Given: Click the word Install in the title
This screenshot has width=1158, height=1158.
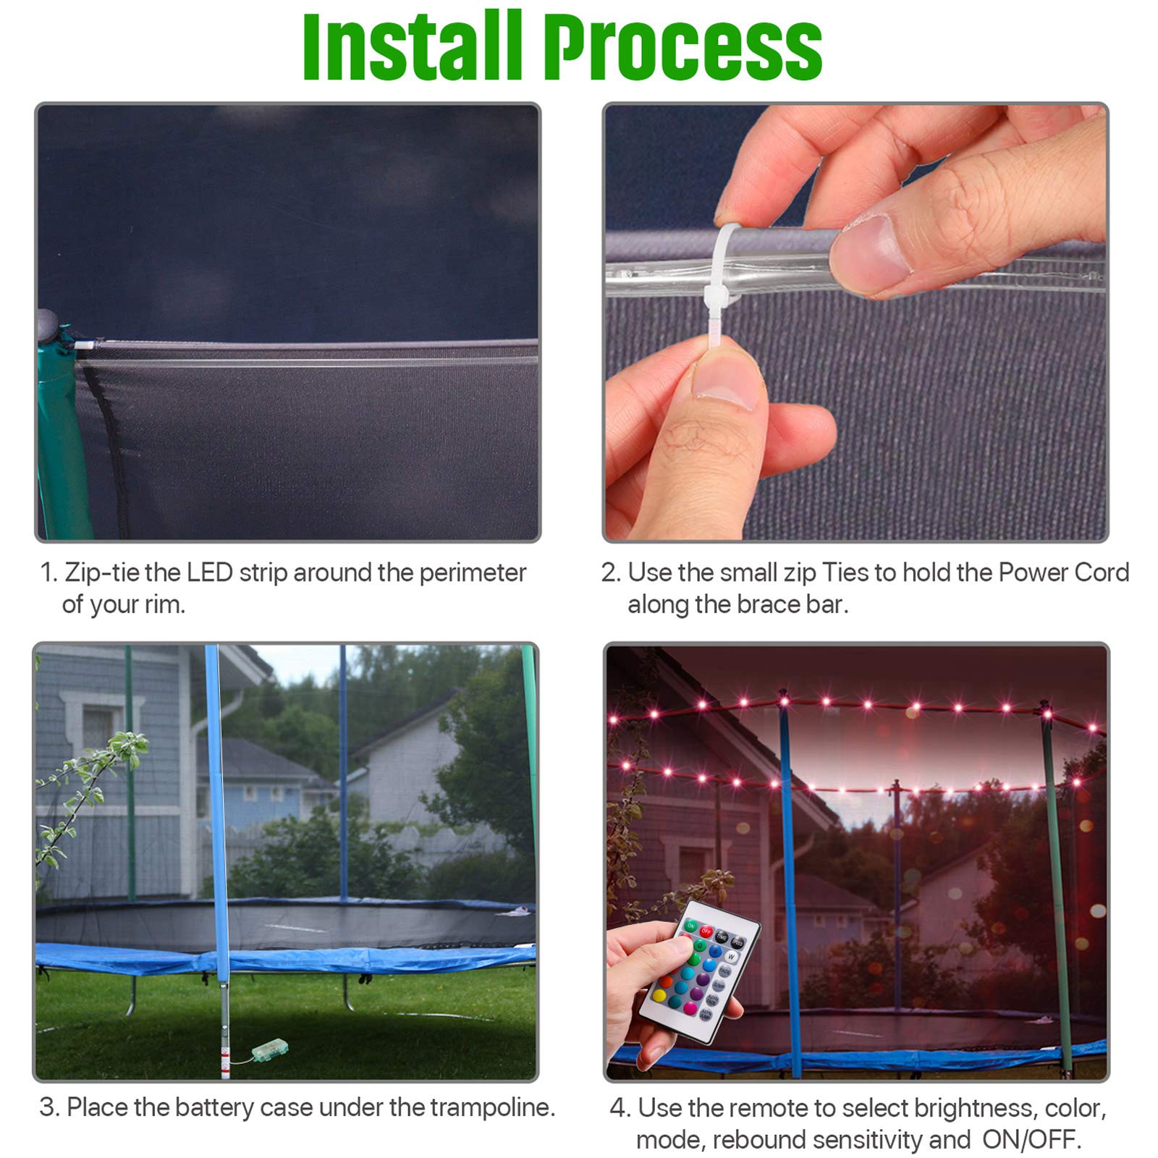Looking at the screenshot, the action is [412, 46].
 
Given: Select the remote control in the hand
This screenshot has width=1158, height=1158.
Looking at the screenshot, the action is [698, 970].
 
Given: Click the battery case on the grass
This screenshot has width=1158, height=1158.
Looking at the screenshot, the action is [270, 1049].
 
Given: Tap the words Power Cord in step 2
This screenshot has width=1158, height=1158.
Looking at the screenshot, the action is [1063, 572].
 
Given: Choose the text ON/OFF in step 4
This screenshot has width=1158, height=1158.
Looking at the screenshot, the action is [1031, 1140].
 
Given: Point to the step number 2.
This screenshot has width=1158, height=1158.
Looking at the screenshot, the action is [611, 572].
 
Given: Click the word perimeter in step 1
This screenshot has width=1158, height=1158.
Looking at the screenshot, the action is [473, 574].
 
